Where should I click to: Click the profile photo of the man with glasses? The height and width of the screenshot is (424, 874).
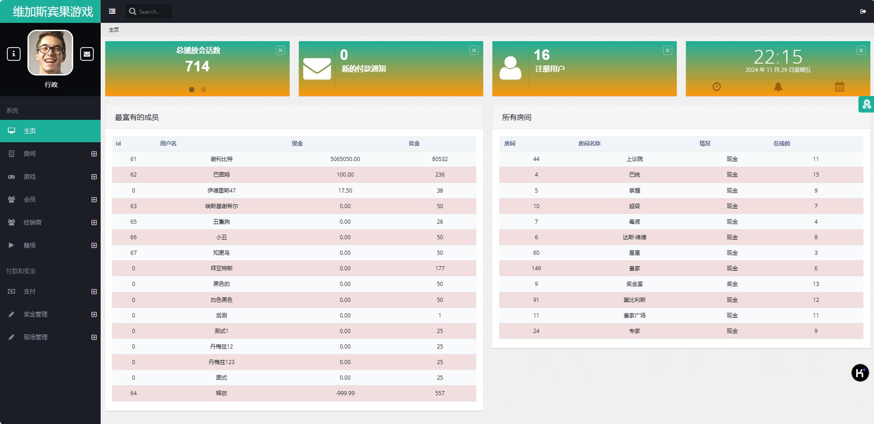[50, 53]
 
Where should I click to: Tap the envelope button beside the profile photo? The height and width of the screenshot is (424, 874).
[87, 54]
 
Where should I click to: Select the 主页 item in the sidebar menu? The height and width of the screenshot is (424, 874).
[30, 131]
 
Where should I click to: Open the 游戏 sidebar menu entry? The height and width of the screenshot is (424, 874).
[30, 177]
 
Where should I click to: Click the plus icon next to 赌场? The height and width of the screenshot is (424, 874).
[94, 245]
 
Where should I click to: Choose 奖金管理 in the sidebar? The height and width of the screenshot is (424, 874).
[36, 314]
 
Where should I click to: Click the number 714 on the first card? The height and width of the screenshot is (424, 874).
[197, 66]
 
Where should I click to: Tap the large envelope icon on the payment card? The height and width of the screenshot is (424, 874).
[317, 69]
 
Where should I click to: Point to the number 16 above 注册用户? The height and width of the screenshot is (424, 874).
[542, 55]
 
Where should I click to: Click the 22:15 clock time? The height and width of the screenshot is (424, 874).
[777, 57]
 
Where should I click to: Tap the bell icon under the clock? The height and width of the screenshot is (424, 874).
[778, 86]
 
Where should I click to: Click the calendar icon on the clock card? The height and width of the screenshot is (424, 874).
[839, 86]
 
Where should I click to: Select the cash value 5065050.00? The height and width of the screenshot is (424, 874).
[345, 159]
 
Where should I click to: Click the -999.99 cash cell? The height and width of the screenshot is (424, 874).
[345, 393]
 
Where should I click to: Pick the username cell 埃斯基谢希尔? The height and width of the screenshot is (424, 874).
[221, 206]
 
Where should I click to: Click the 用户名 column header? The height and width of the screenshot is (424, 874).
[168, 144]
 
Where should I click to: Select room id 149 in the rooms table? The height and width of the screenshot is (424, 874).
[536, 268]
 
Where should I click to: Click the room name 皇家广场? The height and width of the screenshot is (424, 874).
[634, 316]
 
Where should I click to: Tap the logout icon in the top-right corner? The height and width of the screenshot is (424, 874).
[863, 11]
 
